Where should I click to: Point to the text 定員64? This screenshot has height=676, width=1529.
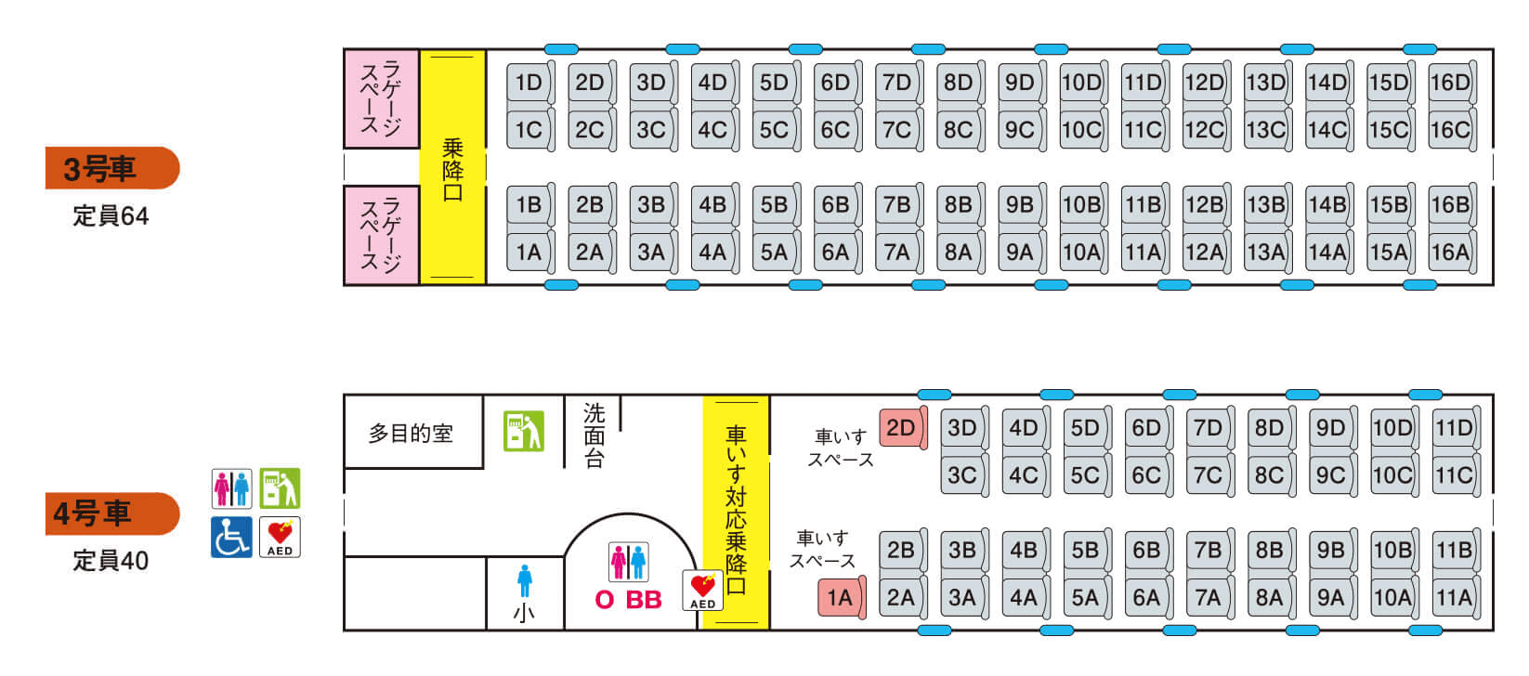click(111, 216)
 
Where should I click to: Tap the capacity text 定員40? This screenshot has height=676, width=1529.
click(111, 561)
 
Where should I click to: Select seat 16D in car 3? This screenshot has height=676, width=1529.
click(1450, 83)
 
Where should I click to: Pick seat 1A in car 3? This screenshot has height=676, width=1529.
click(529, 252)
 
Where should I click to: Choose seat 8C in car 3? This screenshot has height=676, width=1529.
click(958, 129)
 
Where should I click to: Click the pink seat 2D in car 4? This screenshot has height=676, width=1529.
click(901, 428)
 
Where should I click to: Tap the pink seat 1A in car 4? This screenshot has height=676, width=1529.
click(840, 598)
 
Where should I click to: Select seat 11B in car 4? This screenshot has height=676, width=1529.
click(1454, 551)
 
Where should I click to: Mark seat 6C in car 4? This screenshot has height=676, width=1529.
click(1146, 475)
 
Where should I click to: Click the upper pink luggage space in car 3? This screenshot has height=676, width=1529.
click(381, 98)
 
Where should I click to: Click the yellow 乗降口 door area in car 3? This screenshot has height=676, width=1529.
click(452, 167)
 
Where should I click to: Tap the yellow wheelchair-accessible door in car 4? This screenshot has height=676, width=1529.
click(736, 512)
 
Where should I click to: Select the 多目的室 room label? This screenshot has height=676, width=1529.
click(411, 434)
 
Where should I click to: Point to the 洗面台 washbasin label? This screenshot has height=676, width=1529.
click(594, 435)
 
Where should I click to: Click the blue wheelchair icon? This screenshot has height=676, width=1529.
click(230, 537)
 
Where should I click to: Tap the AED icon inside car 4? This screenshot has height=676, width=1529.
click(702, 590)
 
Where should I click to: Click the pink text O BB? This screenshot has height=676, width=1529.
click(628, 600)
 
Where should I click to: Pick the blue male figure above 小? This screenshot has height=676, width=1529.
click(525, 581)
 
